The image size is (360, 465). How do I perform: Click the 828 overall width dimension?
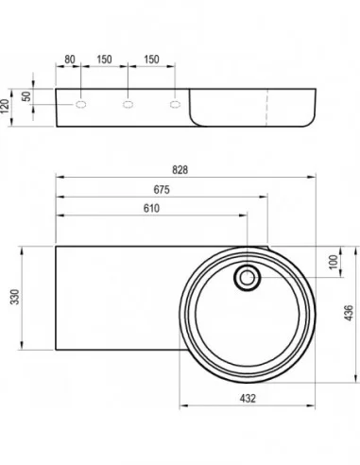click(x=180, y=170)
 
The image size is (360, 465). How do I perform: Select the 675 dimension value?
click(x=162, y=190)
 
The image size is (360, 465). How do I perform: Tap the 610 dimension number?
click(x=151, y=208)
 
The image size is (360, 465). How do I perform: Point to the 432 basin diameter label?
click(x=248, y=399)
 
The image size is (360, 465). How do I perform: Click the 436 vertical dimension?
click(x=349, y=313)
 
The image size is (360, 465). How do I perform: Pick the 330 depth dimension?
click(x=15, y=297)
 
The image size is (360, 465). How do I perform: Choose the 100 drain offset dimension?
click(x=333, y=262)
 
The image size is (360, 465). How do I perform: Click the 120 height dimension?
click(x=5, y=106)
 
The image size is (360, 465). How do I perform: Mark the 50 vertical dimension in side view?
click(x=26, y=96)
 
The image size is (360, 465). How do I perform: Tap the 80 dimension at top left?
click(x=70, y=60)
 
